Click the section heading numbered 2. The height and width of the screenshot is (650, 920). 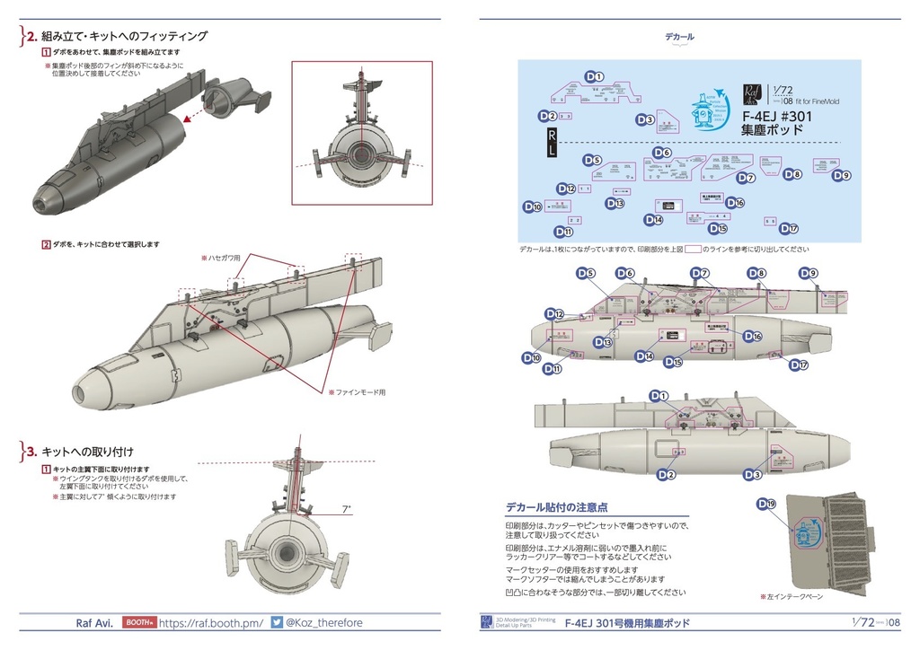pos(117,37)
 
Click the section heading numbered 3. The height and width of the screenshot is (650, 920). pos(85,451)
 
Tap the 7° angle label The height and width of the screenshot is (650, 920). pos(347,509)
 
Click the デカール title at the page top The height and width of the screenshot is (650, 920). pos(679,37)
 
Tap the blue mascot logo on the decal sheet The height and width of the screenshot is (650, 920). pos(707,112)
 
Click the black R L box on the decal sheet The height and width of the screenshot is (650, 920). pos(552,143)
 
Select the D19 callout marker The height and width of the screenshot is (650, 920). pos(765,505)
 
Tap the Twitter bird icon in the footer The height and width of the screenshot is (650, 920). pos(277,622)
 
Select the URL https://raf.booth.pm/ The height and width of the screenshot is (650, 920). pos(210,622)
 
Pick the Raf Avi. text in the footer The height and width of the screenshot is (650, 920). pos(93,622)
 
